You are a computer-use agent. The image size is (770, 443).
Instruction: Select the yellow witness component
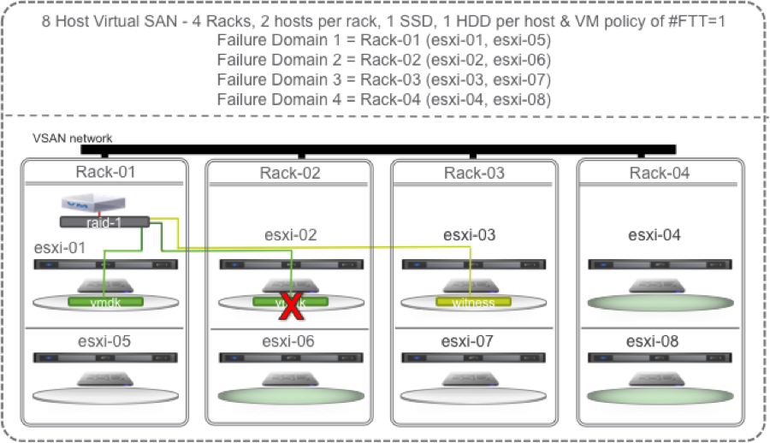[473, 302]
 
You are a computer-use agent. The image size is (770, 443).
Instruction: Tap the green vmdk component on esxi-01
[104, 302]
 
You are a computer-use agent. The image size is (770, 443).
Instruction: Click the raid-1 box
[104, 221]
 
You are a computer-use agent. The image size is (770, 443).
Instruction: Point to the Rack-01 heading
[104, 173]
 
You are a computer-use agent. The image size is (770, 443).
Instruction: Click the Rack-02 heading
[289, 174]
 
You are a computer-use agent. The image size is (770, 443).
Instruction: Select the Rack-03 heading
[474, 174]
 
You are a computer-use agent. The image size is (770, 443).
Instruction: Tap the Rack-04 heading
[659, 174]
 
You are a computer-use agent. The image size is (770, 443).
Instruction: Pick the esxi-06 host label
[289, 341]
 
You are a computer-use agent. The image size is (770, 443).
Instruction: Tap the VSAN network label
[72, 137]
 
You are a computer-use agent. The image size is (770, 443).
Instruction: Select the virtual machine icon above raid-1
[89, 204]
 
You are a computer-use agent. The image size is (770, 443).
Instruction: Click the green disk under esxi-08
[659, 395]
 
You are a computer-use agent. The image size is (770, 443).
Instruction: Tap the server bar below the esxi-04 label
[659, 264]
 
